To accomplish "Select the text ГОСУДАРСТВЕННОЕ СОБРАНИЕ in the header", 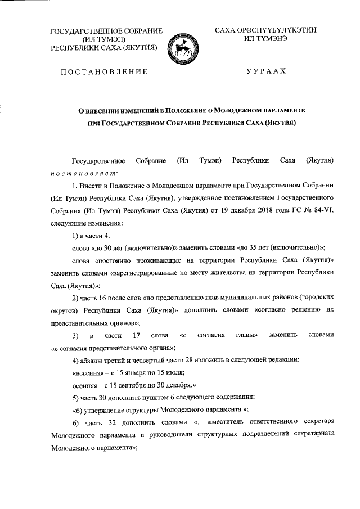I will coord(106,30).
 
